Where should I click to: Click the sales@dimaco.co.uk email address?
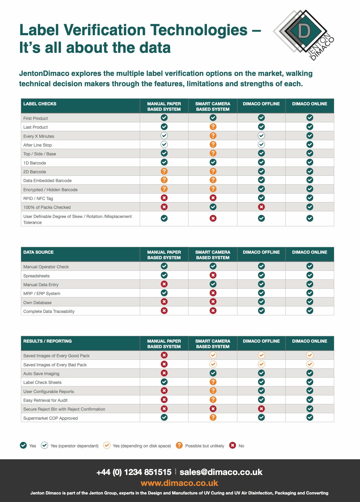221,472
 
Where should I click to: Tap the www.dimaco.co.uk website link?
179,483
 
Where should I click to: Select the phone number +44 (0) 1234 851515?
134,472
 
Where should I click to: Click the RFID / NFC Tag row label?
38,198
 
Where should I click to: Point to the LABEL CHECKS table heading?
40,104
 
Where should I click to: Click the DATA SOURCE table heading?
39,252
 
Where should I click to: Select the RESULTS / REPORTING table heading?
48,341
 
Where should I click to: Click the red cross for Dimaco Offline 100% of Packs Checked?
261,207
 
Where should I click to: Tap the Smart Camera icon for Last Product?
213,127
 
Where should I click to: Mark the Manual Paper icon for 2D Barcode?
164,171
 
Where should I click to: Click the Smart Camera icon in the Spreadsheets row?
213,275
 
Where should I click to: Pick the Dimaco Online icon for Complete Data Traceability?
310,311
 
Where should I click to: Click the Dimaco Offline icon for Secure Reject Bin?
261,409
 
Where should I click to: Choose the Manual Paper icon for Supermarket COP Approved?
164,418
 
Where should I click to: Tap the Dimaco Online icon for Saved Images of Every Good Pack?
310,355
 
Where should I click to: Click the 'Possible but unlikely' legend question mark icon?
179,445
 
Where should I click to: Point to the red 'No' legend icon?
233,445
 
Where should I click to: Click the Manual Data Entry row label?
41,285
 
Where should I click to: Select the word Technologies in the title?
199,30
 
